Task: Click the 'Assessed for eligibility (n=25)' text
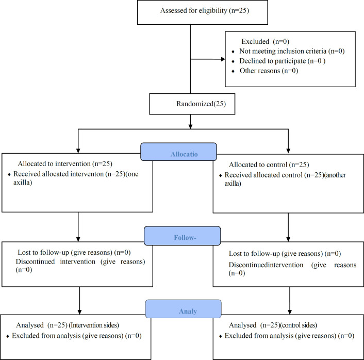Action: [205, 11]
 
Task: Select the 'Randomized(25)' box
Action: [192, 104]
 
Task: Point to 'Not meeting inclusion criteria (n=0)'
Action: [292, 51]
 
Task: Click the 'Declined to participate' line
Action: [273, 61]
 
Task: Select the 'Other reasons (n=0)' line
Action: [269, 71]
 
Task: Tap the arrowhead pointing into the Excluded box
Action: [223, 59]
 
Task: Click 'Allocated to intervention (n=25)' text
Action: [65, 163]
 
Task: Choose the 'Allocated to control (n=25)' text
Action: [269, 165]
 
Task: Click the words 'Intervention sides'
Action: [94, 325]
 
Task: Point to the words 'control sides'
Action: [299, 325]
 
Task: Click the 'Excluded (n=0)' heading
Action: [266, 41]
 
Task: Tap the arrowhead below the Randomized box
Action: [190, 126]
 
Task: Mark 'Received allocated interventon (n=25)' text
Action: [70, 174]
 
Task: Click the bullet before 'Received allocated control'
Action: [221, 175]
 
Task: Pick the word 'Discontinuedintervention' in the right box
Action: [266, 265]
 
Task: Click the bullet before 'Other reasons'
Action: [233, 71]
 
